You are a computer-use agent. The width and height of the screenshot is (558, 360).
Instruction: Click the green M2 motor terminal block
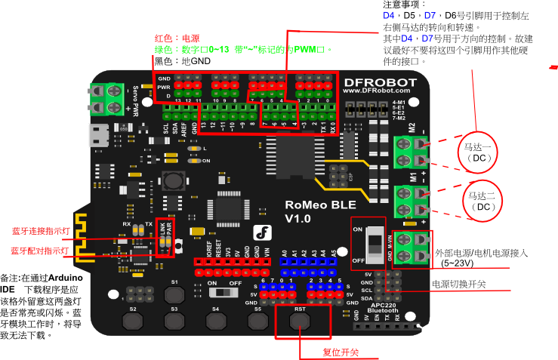coord(411,152)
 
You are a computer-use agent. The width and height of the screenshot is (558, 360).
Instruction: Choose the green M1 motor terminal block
coord(411,200)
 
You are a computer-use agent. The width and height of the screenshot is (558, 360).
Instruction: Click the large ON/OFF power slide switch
coord(371,243)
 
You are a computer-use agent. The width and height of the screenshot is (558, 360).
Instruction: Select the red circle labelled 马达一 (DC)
coord(478,152)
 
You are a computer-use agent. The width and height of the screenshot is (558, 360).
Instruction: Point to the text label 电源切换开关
coord(458,284)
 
